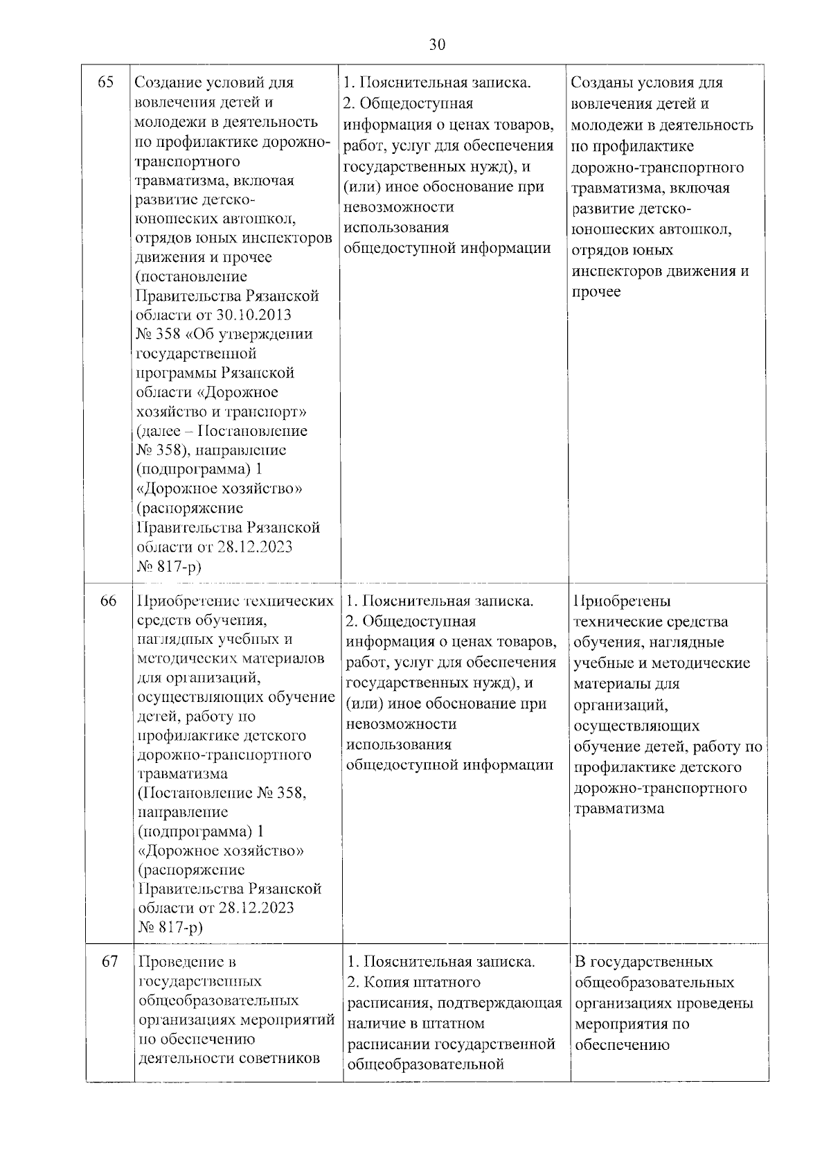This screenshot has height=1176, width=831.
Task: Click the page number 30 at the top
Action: [437, 46]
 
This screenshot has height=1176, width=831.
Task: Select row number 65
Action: [106, 83]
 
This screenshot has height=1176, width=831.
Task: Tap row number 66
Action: [109, 601]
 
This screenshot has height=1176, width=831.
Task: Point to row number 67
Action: [110, 961]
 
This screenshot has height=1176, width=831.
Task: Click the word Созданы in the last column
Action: [600, 83]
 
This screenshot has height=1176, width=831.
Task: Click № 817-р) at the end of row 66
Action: [171, 927]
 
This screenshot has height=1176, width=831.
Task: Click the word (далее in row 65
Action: [157, 431]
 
